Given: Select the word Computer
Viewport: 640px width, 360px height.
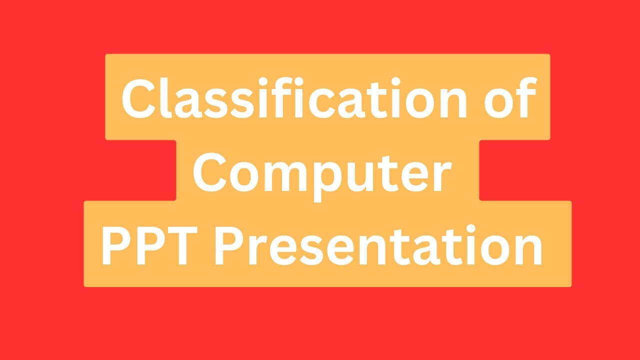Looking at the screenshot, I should click(x=321, y=172).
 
